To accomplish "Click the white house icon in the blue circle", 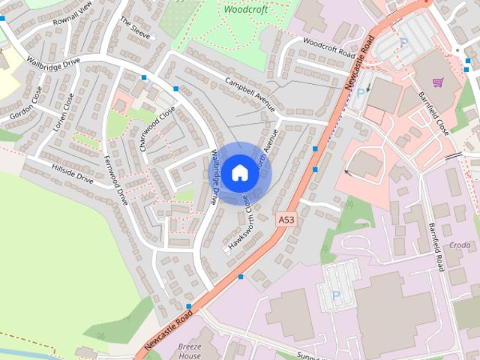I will (x=239, y=172).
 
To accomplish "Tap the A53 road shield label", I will (x=285, y=220).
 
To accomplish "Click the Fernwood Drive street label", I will (x=116, y=180).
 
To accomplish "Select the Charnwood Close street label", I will (x=157, y=128).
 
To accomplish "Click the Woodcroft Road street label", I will (x=330, y=49).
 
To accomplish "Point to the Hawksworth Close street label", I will (x=241, y=226).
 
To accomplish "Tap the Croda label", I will (x=460, y=245).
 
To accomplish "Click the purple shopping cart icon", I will (x=438, y=82).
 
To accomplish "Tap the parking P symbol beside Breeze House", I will (x=335, y=295).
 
